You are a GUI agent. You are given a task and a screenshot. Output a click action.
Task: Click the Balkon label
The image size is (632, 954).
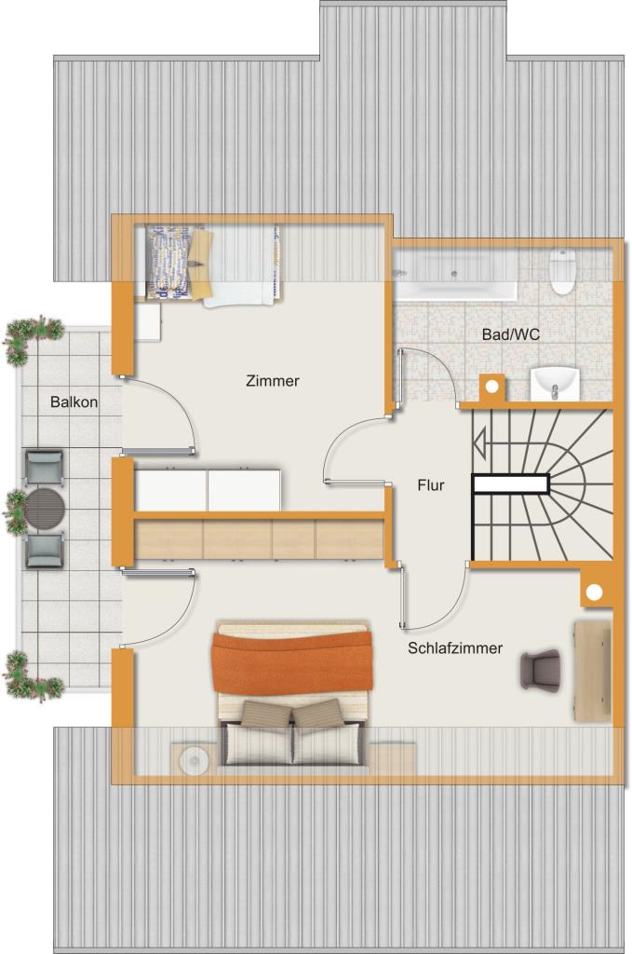pyautogui.click(x=74, y=402)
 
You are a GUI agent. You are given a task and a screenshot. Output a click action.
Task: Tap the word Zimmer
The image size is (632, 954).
pyautogui.click(x=273, y=381)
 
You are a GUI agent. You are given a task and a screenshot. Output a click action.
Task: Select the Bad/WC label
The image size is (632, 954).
pyautogui.click(x=510, y=334)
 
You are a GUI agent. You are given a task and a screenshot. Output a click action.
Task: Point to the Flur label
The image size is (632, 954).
pyautogui.click(x=431, y=484)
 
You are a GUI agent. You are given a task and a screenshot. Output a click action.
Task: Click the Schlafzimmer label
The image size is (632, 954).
pyautogui.click(x=455, y=648)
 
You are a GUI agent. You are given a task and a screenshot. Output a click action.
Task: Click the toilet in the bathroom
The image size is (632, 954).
pyautogui.click(x=562, y=271)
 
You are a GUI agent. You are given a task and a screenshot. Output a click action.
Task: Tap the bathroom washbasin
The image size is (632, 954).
pyautogui.click(x=555, y=383)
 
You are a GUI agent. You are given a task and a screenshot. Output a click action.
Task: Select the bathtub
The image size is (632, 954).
pyautogui.click(x=454, y=276)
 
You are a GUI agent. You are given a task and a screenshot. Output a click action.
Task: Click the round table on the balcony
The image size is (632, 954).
pyautogui.click(x=45, y=509)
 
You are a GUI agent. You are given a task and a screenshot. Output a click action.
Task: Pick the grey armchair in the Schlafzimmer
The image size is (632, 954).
pyautogui.click(x=540, y=669)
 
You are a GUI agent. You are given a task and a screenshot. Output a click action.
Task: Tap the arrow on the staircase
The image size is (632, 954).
pyautogui.click(x=480, y=443)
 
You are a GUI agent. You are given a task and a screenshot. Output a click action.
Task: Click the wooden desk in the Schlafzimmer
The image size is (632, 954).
pyautogui.click(x=593, y=671)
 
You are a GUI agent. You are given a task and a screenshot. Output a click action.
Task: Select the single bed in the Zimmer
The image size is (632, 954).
pyautogui.click(x=214, y=264)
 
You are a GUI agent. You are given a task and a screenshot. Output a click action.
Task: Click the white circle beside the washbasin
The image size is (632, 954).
pyautogui.click(x=492, y=387)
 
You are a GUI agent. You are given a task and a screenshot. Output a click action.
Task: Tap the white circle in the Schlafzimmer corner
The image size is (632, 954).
pyautogui.click(x=594, y=592)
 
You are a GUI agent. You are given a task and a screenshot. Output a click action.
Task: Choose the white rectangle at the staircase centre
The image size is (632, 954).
pyautogui.click(x=511, y=484)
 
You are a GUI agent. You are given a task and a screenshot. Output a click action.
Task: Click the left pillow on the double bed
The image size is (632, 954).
pyautogui.click(x=265, y=714)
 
